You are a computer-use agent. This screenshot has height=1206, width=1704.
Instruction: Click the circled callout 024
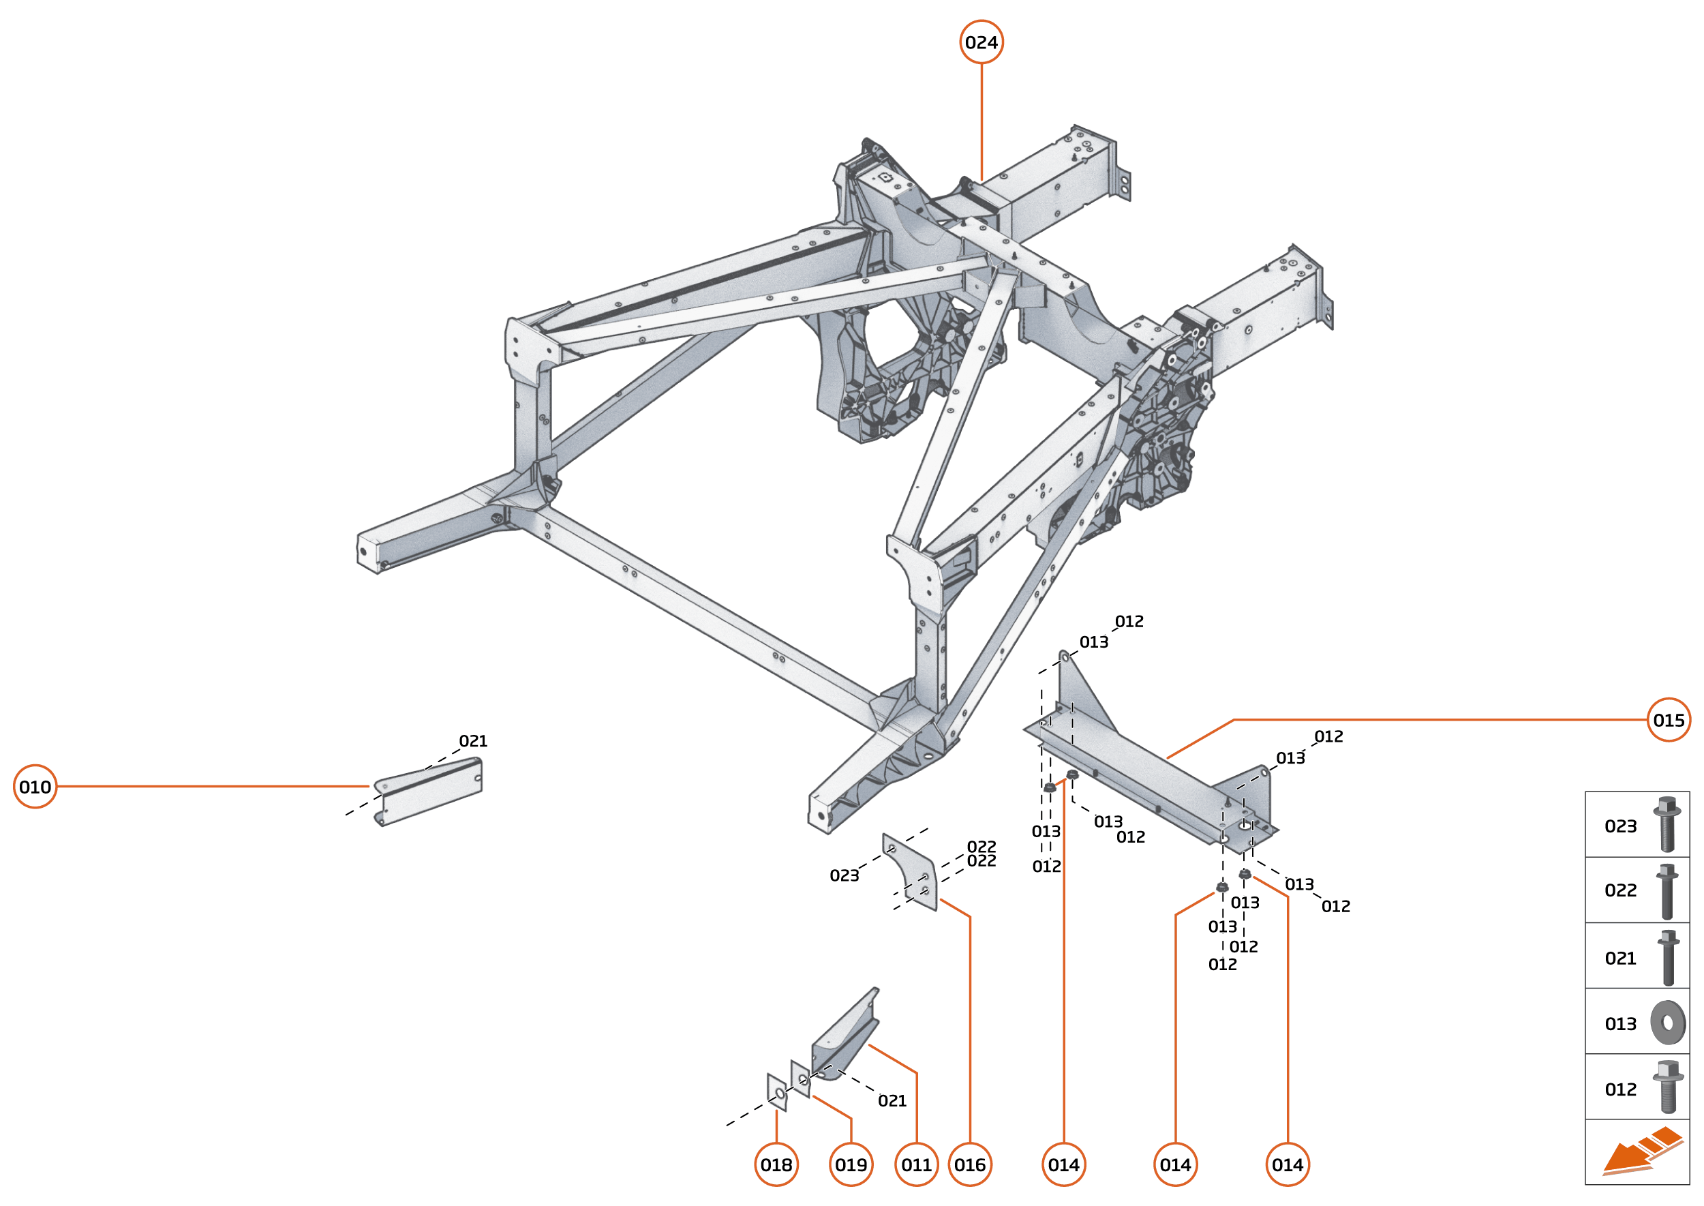[x=981, y=42]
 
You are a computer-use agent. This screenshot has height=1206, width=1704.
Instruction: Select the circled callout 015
[x=1669, y=720]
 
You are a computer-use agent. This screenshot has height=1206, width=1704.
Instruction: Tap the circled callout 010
[x=35, y=787]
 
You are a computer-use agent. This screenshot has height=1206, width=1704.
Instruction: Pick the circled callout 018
[x=776, y=1164]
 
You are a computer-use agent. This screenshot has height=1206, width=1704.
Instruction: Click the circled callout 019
[x=851, y=1164]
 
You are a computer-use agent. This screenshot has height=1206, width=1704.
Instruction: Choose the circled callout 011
[x=916, y=1164]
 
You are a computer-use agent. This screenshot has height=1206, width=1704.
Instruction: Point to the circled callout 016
[x=970, y=1164]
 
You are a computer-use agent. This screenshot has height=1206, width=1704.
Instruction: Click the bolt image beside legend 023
[x=1667, y=824]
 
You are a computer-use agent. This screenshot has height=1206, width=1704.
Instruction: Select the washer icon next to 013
[x=1668, y=1023]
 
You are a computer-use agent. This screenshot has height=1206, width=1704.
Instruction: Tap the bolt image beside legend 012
[x=1668, y=1087]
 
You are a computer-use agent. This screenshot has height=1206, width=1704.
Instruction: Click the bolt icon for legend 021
[x=1668, y=957]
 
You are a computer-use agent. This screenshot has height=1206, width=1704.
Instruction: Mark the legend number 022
[x=1620, y=890]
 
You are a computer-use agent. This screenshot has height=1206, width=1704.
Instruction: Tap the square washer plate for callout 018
[x=776, y=1091]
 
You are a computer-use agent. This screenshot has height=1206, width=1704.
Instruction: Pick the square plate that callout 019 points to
[x=800, y=1079]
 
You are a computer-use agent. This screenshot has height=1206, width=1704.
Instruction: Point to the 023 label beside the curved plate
[x=845, y=875]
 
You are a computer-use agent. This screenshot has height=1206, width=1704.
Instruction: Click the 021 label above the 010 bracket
[x=473, y=741]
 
